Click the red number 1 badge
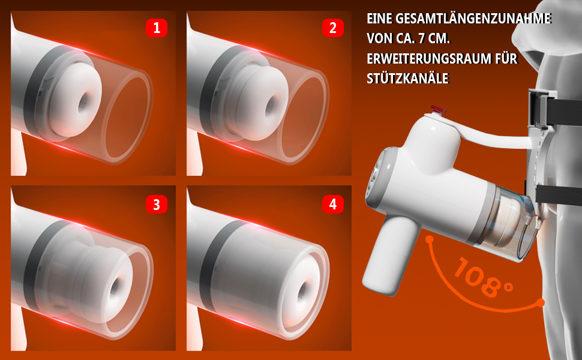156,28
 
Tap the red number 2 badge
332,28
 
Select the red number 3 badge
156,205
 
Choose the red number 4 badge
332,205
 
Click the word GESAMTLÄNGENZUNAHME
473,19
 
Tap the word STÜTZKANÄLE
408,79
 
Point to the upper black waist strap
563,109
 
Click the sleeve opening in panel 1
84,101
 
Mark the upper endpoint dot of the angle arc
430,239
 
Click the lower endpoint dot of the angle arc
541,303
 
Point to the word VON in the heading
379,38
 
